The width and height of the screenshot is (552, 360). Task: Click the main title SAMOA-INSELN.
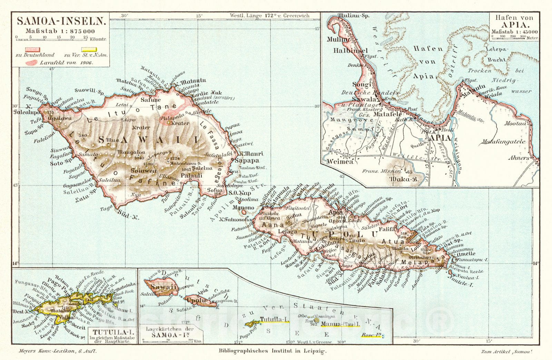pyautogui.click(x=61, y=21)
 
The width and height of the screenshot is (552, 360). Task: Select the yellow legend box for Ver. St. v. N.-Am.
pyautogui.click(x=90, y=50)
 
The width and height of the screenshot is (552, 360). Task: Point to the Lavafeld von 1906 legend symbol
pyautogui.click(x=32, y=63)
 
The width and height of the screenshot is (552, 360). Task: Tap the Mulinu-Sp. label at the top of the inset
pyautogui.click(x=353, y=16)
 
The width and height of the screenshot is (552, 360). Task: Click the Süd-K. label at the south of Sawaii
pyautogui.click(x=128, y=216)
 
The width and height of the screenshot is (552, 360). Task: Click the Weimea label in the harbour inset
pyautogui.click(x=340, y=161)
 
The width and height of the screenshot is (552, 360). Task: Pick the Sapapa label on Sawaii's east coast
pyautogui.click(x=247, y=160)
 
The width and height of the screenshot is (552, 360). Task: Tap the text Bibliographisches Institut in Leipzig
pyautogui.click(x=272, y=351)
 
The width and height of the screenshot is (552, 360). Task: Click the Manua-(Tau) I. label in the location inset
pyautogui.click(x=340, y=324)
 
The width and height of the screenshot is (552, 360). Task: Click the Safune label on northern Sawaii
pyautogui.click(x=151, y=100)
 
